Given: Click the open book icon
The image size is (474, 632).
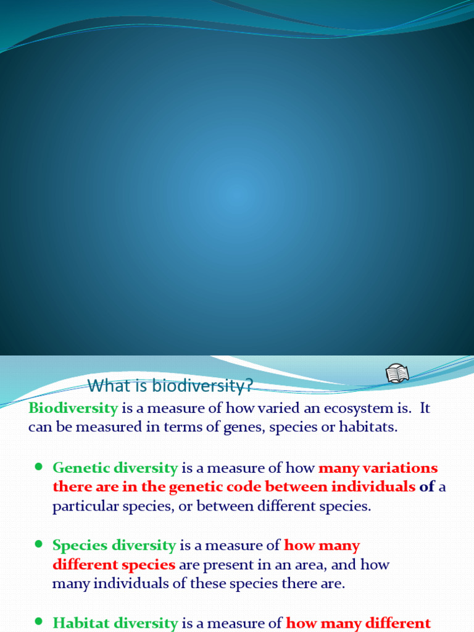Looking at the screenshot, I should (x=397, y=374).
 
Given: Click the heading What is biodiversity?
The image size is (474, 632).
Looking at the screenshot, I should (x=170, y=386).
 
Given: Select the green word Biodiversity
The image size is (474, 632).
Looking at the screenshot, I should (x=73, y=407).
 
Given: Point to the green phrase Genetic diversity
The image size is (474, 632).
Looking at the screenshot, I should (x=115, y=468).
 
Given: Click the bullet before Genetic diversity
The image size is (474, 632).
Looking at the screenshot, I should (x=38, y=467).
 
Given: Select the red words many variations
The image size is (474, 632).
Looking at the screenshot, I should (x=378, y=468).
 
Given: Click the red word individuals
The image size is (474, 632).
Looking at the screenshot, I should (x=373, y=487).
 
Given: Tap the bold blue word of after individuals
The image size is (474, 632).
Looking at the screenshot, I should (x=427, y=487).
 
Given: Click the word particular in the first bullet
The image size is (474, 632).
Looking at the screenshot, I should (x=84, y=507).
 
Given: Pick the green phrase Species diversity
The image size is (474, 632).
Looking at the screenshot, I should (x=114, y=546).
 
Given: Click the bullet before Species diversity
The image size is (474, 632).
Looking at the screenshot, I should (x=38, y=545).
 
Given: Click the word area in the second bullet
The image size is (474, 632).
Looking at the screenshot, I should (x=354, y=565).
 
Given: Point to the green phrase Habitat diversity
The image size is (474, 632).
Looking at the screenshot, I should (x=115, y=623).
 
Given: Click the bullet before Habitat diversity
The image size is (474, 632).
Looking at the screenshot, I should (x=38, y=622).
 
